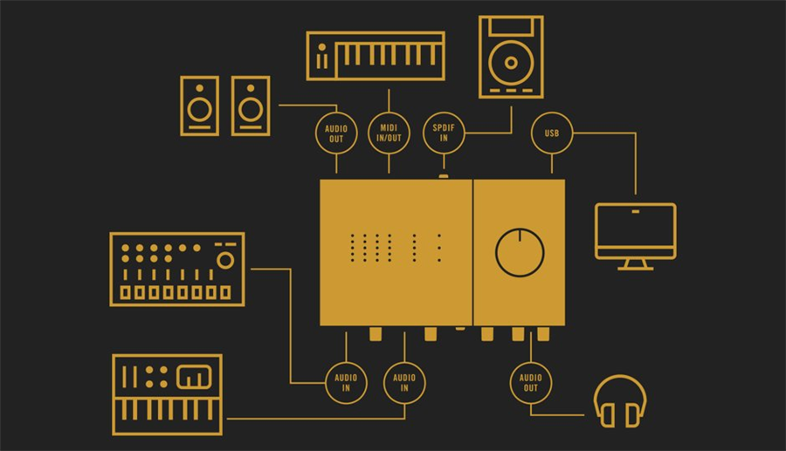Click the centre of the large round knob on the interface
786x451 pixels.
coord(520,253)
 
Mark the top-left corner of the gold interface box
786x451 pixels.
coord(321,180)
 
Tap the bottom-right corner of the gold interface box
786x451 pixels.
coord(565,326)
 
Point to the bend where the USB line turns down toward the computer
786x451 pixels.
coord(636,133)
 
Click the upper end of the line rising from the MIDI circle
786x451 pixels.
coord(389,90)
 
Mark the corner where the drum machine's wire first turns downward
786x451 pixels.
coord(290,269)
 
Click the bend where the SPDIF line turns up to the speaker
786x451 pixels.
coord(511,133)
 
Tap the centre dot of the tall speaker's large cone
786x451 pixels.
coord(511,63)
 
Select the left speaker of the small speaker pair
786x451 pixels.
coord(199,106)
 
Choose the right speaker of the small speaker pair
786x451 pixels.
coord(251,106)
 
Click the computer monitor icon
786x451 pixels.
coord(636,236)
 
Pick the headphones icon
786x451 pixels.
coord(620,401)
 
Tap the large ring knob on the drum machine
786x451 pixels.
coord(225,260)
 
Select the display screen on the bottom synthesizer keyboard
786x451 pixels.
coord(194,377)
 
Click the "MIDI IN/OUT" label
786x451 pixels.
coord(389,133)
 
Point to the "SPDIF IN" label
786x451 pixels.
coord(444,133)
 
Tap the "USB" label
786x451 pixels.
coord(552,133)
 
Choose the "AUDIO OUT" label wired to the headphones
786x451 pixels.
coord(531,383)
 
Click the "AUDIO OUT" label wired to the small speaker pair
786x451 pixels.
coord(336,133)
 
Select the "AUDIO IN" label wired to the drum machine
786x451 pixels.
coord(346,383)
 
